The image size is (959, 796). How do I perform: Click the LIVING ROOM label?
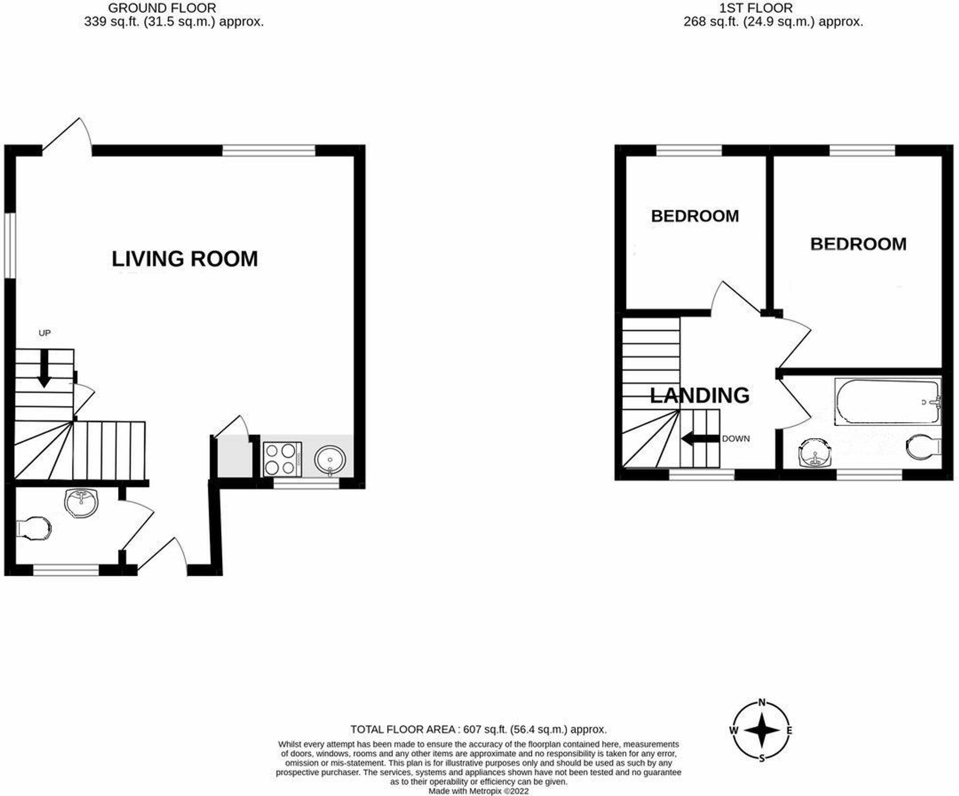tap(185, 259)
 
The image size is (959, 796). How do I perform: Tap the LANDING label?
tap(700, 395)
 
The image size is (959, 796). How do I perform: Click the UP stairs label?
tap(45, 333)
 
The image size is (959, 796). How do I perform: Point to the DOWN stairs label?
tap(736, 439)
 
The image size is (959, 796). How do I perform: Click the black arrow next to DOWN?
tap(700, 439)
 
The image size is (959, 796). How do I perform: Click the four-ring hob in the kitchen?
tap(282, 459)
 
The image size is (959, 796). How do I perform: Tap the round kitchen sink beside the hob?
tap(330, 460)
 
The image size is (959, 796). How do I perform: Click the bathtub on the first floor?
tap(887, 402)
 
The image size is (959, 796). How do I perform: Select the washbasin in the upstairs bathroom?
tap(814, 452)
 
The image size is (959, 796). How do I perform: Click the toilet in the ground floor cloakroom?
tap(34, 528)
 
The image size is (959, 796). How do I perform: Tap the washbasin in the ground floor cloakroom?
tap(82, 502)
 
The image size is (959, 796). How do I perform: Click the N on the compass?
tap(762, 703)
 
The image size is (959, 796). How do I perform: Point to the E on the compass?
tap(789, 731)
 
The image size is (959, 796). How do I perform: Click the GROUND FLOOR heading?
tap(162, 8)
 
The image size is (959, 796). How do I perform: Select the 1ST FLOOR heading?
tap(756, 8)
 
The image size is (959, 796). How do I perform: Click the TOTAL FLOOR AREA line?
tap(478, 729)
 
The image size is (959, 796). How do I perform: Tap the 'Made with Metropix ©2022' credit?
tap(478, 791)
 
